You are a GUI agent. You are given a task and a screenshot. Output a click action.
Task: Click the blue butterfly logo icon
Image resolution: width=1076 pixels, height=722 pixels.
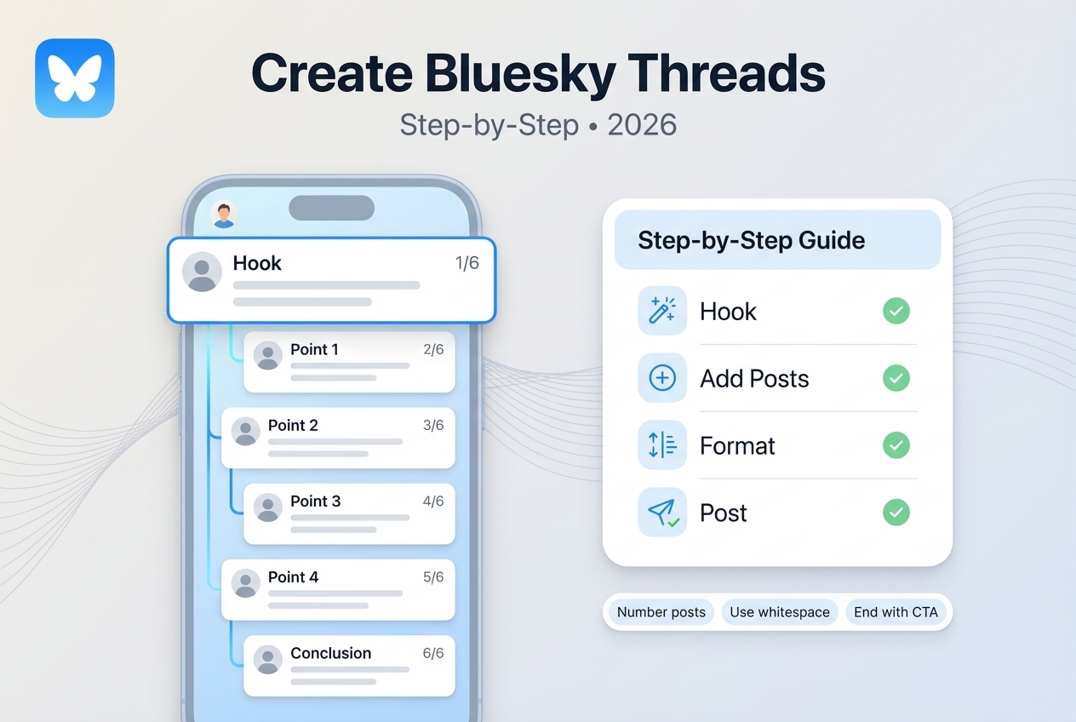tap(75, 77)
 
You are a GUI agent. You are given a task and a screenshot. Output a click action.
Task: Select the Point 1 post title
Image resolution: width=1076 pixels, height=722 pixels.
tap(314, 349)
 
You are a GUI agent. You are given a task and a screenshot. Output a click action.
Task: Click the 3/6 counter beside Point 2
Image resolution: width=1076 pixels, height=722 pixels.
tap(433, 425)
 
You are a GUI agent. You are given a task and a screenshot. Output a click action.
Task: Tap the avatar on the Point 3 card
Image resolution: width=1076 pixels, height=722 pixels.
tap(267, 507)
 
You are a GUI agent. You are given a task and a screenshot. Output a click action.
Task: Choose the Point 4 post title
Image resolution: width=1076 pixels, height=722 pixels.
tap(293, 577)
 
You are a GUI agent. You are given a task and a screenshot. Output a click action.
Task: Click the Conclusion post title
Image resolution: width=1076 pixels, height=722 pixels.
tap(330, 653)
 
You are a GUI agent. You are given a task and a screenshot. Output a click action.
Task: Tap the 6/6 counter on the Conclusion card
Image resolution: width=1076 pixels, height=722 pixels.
tap(433, 653)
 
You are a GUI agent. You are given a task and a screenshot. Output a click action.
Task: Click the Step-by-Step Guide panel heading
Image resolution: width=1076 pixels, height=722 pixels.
tap(751, 240)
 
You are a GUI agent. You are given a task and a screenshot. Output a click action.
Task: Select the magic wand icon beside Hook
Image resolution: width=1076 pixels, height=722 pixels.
tap(661, 311)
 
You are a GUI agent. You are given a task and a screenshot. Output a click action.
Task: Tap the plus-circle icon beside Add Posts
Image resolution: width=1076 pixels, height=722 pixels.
tap(661, 378)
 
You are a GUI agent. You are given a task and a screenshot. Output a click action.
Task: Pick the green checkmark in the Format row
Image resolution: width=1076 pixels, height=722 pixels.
tap(896, 445)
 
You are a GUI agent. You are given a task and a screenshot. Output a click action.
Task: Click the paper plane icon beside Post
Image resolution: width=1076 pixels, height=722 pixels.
tap(661, 513)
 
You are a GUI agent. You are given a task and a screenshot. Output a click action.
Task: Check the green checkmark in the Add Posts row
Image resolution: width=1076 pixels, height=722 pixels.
tap(896, 378)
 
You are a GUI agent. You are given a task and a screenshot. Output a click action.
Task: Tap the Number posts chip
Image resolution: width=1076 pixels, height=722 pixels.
tap(661, 612)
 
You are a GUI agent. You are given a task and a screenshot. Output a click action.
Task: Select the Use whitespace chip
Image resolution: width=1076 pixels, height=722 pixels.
tap(779, 612)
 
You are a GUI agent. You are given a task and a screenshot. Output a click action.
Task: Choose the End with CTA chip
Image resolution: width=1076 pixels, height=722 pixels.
tap(896, 612)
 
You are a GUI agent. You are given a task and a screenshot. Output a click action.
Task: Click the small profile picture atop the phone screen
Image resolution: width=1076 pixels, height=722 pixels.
tap(223, 214)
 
